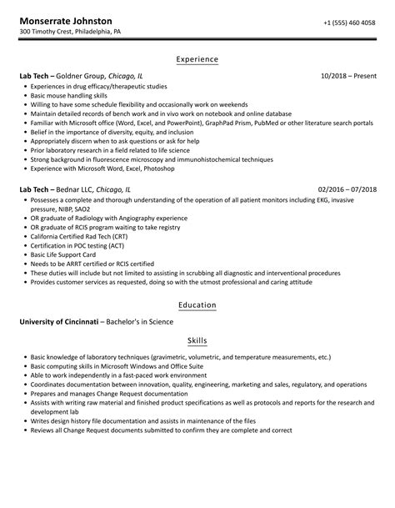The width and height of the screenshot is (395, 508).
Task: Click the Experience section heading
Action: (x=197, y=59)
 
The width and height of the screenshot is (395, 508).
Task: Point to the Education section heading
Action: (x=197, y=305)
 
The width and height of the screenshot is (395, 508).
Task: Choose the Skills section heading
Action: (x=197, y=340)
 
